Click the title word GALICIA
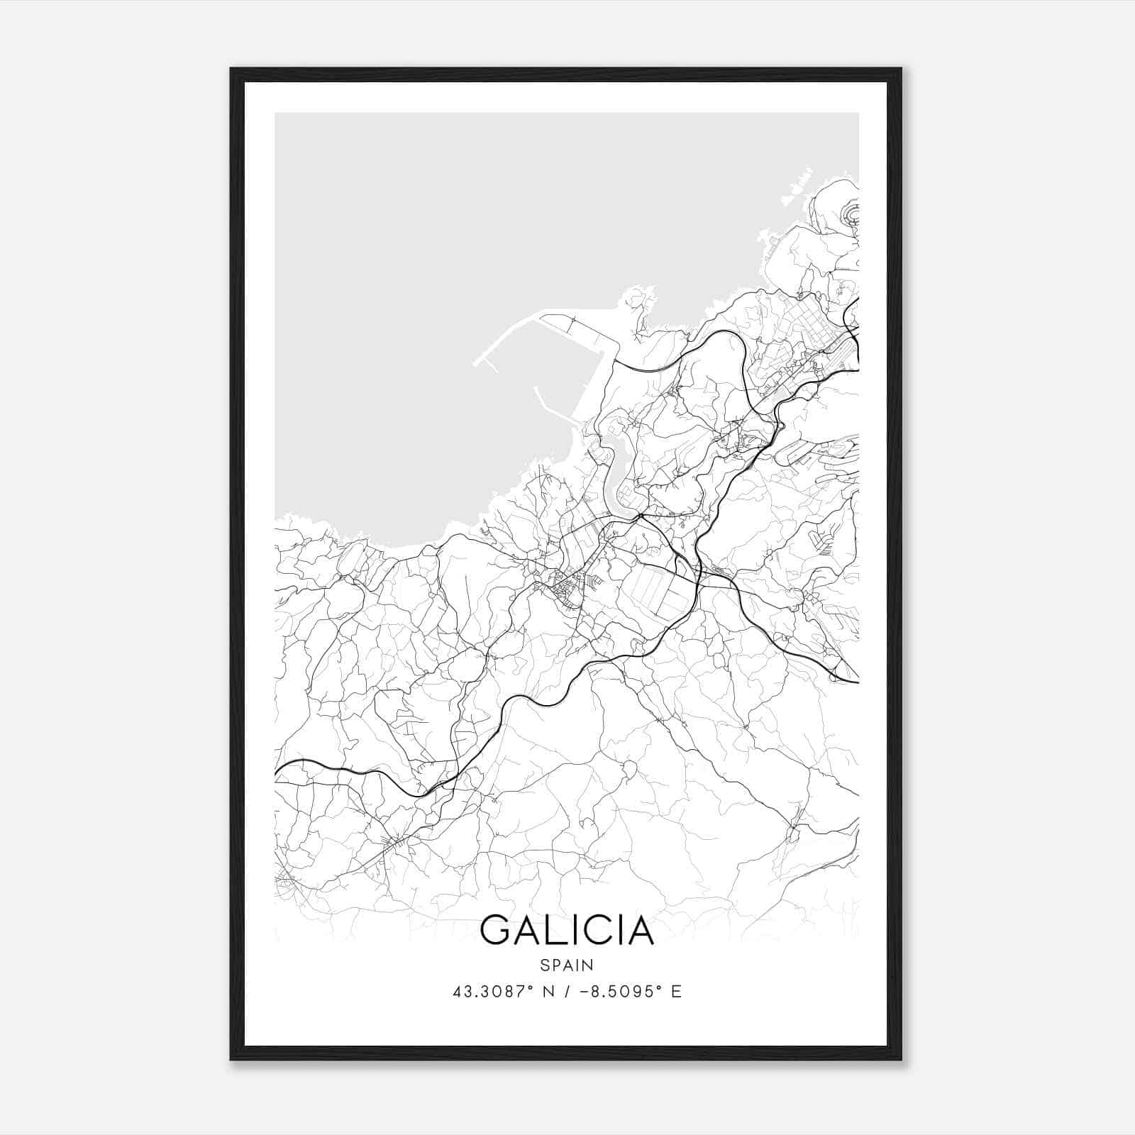coord(567,931)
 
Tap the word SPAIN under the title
coord(567,965)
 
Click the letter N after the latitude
coord(546,992)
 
